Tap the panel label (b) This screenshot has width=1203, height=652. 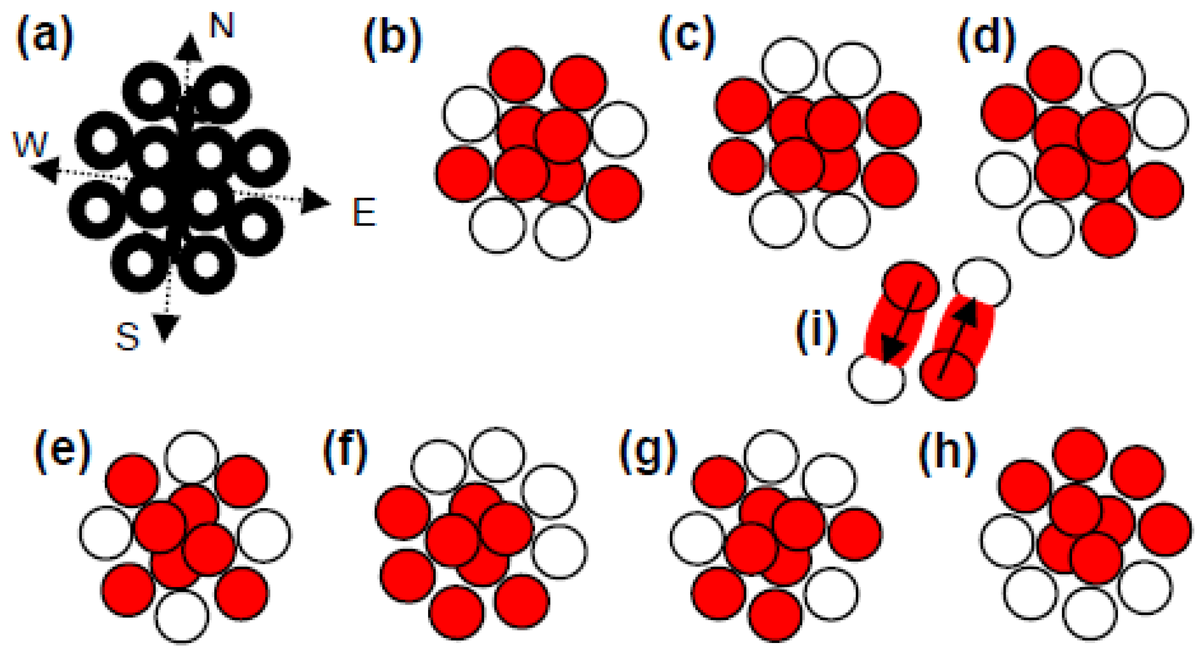point(392,40)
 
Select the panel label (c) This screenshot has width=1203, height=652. point(687,37)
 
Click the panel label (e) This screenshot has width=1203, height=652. point(62,452)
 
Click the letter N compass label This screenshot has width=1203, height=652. point(221,26)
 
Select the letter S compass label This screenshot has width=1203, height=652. point(127,336)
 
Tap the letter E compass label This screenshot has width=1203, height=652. point(364,213)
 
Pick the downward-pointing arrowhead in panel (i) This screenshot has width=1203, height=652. point(892,350)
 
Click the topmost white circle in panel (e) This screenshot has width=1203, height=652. point(192,457)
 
